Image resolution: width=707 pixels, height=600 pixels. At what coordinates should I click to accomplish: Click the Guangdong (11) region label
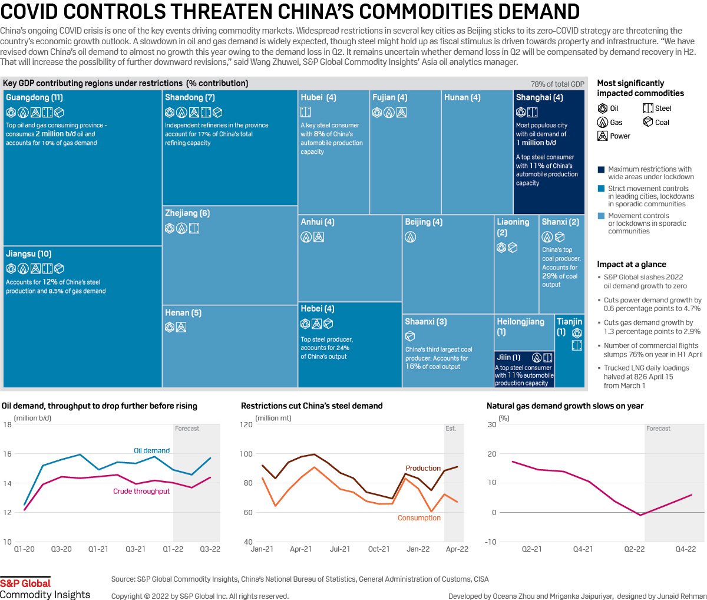pos(34,97)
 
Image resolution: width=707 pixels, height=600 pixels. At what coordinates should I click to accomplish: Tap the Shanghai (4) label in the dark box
pos(539,97)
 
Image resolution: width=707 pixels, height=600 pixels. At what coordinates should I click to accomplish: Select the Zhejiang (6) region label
pos(187,213)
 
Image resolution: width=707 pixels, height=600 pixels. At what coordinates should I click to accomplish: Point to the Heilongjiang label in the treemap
pos(520,322)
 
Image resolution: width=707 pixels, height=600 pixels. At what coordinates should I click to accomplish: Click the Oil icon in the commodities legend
pos(603,108)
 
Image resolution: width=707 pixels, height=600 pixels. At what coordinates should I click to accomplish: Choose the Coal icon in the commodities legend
pos(648,122)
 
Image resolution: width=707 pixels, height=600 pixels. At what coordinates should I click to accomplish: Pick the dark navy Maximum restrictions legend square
pos(601,170)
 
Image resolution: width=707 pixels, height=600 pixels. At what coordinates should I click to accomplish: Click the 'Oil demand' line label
pos(151,451)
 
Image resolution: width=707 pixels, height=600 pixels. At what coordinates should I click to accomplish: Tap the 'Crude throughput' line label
pos(141,491)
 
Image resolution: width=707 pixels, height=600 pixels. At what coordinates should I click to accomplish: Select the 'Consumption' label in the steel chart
pos(419,518)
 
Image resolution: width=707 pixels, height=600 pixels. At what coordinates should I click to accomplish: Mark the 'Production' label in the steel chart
pos(423,469)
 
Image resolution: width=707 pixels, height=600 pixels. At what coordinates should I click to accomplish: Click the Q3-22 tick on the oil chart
pos(210,549)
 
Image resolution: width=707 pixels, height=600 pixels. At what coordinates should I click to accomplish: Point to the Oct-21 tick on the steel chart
pos(379,549)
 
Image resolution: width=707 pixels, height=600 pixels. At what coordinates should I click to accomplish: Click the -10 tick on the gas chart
pos(491,542)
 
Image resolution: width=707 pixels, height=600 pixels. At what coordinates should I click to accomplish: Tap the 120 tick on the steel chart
pos(246,424)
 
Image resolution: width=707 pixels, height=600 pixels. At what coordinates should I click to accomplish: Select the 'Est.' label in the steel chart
pos(451,428)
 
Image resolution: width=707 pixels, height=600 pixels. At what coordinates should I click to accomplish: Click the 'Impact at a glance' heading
pos(632,265)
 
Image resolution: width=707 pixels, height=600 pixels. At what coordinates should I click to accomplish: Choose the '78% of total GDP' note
pos(557,84)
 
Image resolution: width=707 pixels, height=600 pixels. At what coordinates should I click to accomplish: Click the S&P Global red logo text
pos(25,583)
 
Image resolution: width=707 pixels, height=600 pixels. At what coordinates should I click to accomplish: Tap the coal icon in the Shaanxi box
pos(410,336)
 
